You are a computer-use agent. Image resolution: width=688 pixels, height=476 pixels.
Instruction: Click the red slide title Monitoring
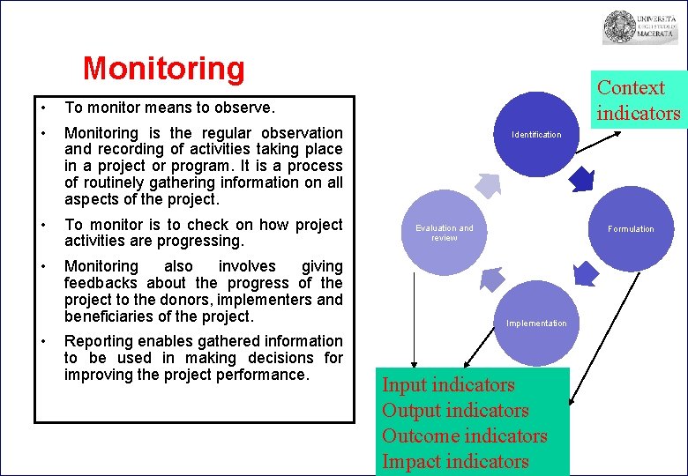click(x=163, y=68)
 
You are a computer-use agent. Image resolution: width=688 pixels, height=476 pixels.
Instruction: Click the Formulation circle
click(x=631, y=229)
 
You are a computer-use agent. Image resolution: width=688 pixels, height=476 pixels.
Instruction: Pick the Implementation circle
click(x=536, y=324)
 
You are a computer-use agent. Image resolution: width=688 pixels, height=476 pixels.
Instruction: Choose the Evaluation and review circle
click(x=445, y=232)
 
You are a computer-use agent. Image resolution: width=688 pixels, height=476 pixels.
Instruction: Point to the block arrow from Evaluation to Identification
click(x=487, y=186)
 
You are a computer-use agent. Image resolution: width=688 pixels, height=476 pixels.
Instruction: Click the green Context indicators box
click(x=639, y=100)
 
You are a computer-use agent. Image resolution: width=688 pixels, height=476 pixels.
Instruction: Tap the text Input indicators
click(x=448, y=385)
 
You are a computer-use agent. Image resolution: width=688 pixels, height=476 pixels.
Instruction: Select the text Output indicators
click(x=455, y=411)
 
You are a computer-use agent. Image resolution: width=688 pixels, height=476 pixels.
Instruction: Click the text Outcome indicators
click(x=464, y=436)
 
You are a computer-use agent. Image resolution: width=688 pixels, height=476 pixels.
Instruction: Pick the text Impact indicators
click(x=455, y=461)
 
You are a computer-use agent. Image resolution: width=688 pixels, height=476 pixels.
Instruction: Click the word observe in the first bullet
click(x=249, y=108)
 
